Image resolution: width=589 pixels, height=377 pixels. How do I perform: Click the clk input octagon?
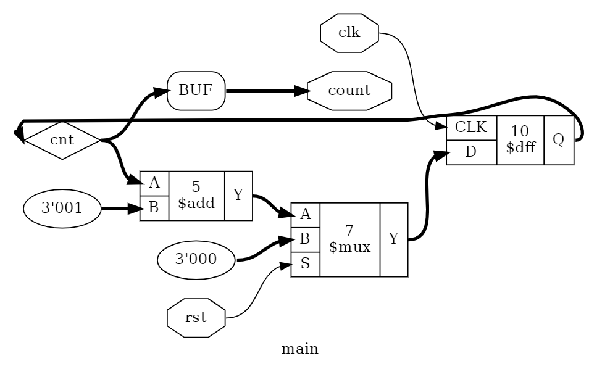[349, 32]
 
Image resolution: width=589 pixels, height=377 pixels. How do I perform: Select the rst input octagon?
[196, 318]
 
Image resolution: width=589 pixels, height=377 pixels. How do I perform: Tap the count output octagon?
[349, 91]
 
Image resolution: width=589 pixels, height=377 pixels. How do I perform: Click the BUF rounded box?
[196, 91]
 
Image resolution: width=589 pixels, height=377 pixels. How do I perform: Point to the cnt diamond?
[62, 140]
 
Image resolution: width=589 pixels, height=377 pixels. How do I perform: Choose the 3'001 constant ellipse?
[62, 209]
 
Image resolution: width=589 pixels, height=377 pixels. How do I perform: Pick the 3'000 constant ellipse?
[196, 258]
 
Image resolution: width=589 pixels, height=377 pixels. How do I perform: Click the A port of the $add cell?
[154, 183]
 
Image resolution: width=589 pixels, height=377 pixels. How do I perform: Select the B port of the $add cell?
[154, 208]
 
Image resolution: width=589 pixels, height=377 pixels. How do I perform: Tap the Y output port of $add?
[238, 196]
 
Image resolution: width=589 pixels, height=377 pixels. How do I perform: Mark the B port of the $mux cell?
[305, 239]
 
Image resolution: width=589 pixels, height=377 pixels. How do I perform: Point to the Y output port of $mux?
[393, 239]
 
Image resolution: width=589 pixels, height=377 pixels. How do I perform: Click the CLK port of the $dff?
[471, 128]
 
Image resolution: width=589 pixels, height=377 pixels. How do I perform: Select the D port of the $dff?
[471, 152]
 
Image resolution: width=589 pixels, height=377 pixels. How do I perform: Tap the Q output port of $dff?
[559, 140]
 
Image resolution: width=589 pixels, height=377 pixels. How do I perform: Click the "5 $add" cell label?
[196, 196]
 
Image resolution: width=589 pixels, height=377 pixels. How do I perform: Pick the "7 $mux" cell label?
[349, 239]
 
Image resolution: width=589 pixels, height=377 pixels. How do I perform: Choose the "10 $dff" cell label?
[520, 140]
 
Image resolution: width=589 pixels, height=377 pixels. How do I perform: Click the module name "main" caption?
[299, 350]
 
